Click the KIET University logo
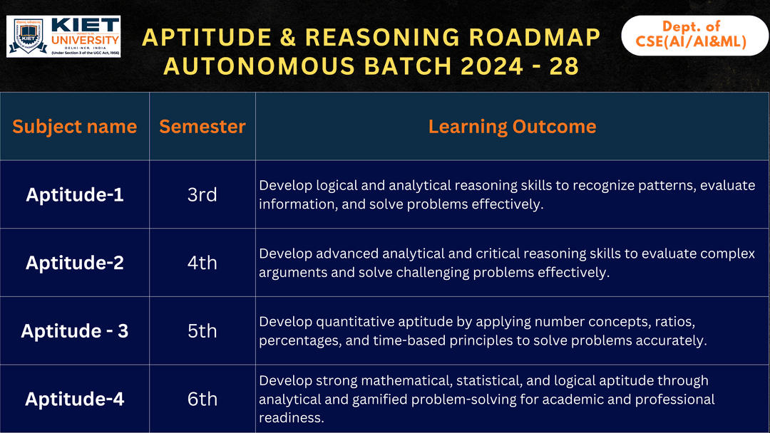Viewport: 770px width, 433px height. click(x=63, y=36)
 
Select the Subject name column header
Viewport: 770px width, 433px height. click(x=74, y=127)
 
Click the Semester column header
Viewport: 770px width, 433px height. click(x=202, y=127)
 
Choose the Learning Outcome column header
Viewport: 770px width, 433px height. click(x=512, y=127)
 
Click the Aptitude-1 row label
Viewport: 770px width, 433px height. click(x=74, y=194)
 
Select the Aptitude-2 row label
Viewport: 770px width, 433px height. click(x=74, y=263)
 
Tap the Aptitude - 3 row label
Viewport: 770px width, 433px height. click(x=74, y=331)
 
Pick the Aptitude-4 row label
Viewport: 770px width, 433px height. click(x=74, y=400)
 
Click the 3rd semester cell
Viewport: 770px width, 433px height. click(x=202, y=194)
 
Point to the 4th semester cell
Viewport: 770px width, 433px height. click(x=202, y=263)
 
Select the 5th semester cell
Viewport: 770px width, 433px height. click(x=202, y=331)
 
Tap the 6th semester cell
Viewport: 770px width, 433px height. click(x=202, y=400)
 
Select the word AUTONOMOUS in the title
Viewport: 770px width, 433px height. click(x=251, y=66)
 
